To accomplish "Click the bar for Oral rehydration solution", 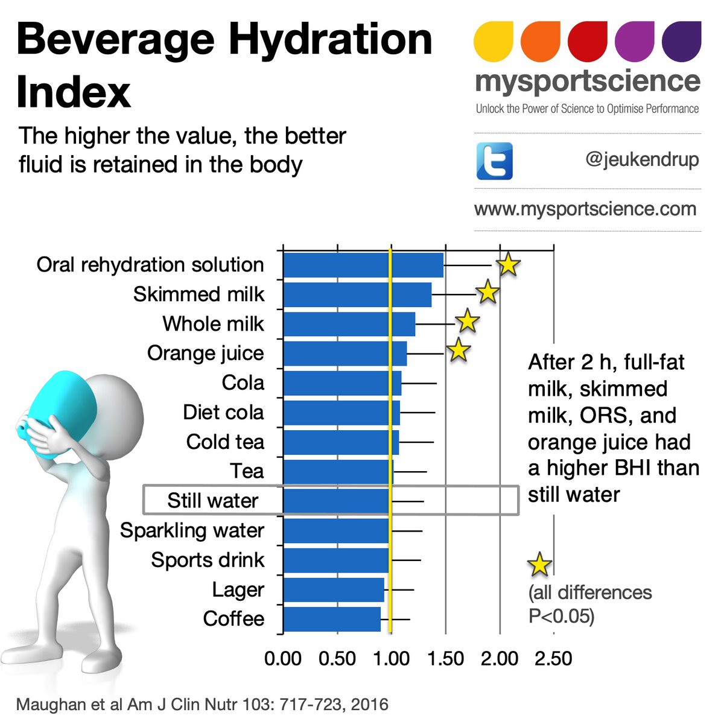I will (363, 265).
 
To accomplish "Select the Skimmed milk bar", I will (357, 294).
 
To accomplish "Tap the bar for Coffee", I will (332, 619).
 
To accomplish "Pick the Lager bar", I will (334, 589).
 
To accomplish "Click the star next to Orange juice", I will (459, 350).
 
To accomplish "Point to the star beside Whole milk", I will (468, 321).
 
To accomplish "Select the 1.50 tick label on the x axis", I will (445, 658).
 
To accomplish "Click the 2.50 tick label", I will (553, 658).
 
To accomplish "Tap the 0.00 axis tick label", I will (283, 658).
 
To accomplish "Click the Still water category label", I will (212, 501).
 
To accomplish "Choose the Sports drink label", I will (208, 560).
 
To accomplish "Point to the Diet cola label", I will (223, 413).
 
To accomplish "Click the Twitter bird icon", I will (494, 161).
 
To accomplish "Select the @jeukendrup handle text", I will (642, 160).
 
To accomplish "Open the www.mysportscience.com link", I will (585, 209).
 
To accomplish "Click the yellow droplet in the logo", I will (494, 42).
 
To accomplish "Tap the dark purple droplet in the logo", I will (681, 42).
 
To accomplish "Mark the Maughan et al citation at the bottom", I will (202, 704).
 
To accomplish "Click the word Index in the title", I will (74, 92).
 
